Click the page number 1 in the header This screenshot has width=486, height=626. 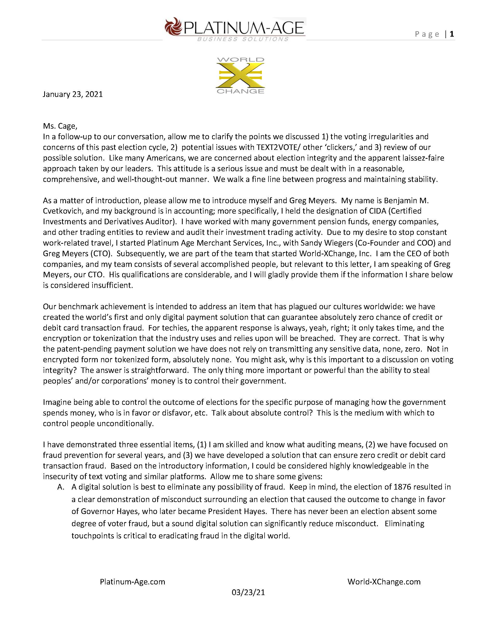pyautogui.click(x=452, y=34)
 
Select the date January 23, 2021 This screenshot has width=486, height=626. pyautogui.click(x=73, y=94)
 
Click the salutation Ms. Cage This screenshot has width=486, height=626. pyautogui.click(x=60, y=126)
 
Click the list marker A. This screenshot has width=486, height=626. pyautogui.click(x=61, y=487)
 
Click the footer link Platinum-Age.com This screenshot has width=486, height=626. pyautogui.click(x=133, y=582)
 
